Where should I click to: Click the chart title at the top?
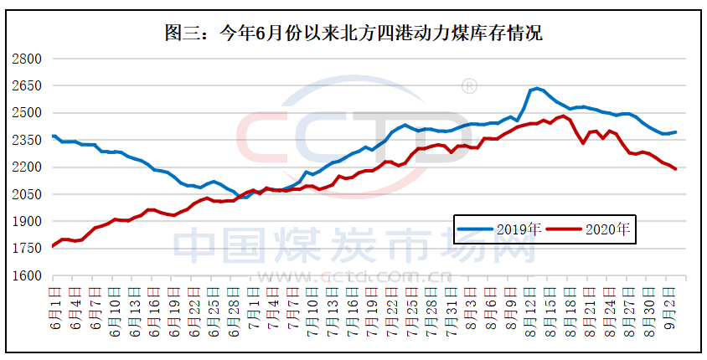pyautogui.click(x=353, y=33)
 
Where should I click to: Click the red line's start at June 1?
pyautogui.click(x=53, y=246)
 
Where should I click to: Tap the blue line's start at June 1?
pyautogui.click(x=53, y=136)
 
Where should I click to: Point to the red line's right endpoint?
pyautogui.click(x=675, y=169)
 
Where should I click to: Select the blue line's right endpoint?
pyautogui.click(x=675, y=131)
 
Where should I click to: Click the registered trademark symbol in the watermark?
pyautogui.click(x=470, y=86)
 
